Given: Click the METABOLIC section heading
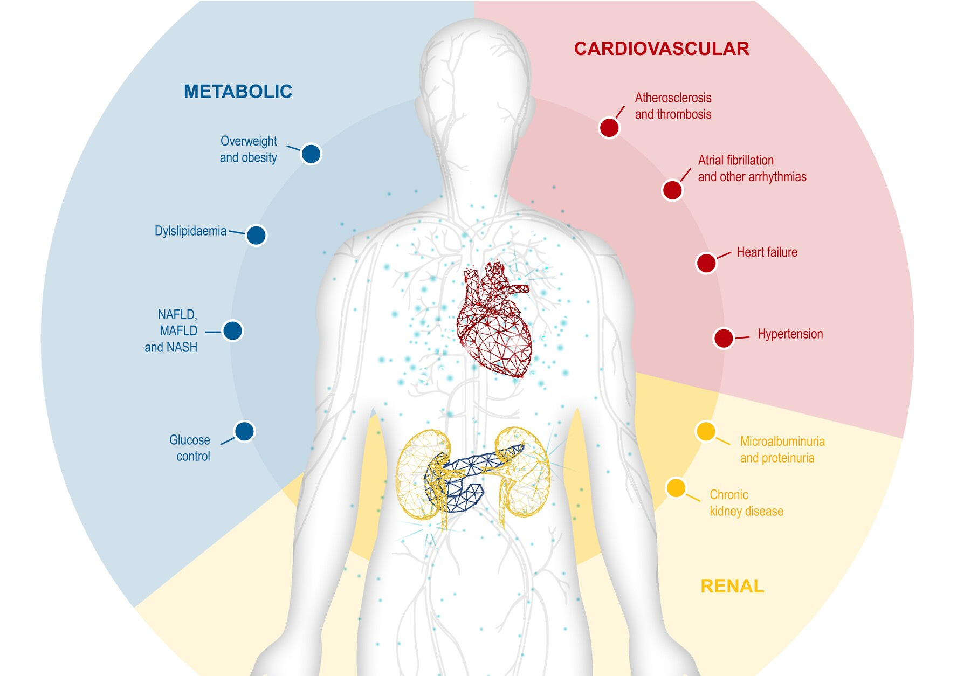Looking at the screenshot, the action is [x=238, y=92].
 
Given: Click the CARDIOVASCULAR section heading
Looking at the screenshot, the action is [x=661, y=49].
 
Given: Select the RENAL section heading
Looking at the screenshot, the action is [x=732, y=586].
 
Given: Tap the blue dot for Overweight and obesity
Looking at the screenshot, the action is [x=311, y=154].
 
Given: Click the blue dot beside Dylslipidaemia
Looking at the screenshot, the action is [x=256, y=235].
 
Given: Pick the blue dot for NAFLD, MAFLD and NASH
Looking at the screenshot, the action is [x=233, y=331].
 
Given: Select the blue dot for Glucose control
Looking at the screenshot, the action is [x=244, y=431].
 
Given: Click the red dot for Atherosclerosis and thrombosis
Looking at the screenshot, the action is [x=609, y=128].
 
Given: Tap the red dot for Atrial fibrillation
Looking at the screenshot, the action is [x=672, y=190].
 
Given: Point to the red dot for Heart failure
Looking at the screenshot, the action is [x=706, y=263].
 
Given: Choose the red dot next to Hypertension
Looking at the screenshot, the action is [x=724, y=339].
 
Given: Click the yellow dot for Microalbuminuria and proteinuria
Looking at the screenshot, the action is [x=706, y=431].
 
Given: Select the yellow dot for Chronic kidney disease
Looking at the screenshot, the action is [x=676, y=488].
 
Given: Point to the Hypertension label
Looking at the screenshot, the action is [x=790, y=334].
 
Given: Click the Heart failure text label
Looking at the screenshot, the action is [x=767, y=252].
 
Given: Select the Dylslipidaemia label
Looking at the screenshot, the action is [x=190, y=231].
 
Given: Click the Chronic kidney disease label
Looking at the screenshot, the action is [x=746, y=503].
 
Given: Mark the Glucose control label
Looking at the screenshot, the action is [x=190, y=448].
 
